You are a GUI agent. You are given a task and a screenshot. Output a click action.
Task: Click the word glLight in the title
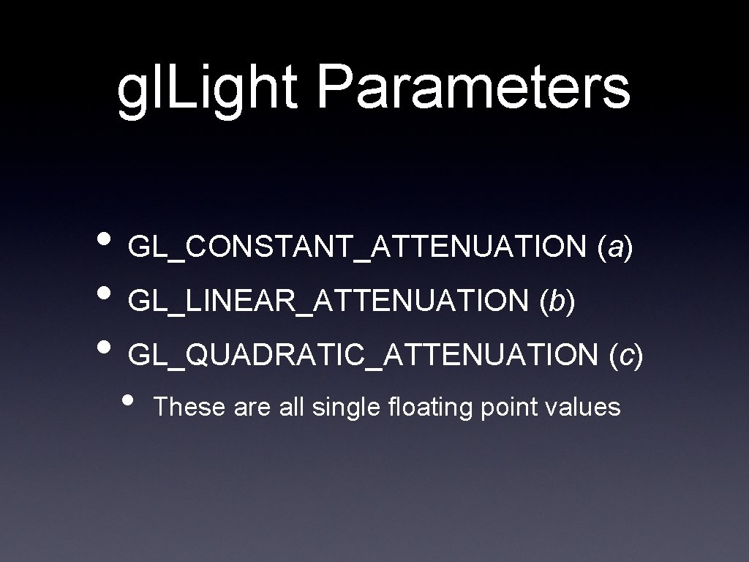click(x=208, y=90)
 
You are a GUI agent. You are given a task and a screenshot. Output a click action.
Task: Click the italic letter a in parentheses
click(x=615, y=250)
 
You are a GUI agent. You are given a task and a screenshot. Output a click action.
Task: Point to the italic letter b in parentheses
click(x=557, y=301)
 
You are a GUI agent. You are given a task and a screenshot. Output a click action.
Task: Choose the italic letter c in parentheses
click(x=626, y=356)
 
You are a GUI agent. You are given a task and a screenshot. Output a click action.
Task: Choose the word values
click(x=583, y=406)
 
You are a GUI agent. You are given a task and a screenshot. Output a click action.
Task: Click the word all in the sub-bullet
click(x=293, y=406)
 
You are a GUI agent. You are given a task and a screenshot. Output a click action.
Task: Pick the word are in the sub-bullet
click(x=253, y=408)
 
